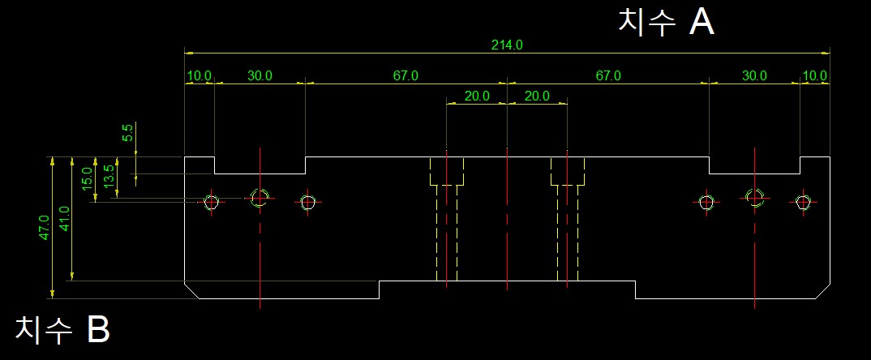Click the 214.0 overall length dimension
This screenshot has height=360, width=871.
click(507, 45)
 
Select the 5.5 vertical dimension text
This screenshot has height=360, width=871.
click(127, 133)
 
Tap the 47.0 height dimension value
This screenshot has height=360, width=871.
click(45, 226)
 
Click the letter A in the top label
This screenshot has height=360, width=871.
click(702, 23)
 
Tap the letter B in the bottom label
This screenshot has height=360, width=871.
click(98, 329)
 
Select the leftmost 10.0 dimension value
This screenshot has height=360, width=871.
click(199, 75)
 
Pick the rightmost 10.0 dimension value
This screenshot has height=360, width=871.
click(814, 75)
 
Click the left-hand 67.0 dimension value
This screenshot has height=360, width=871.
click(405, 75)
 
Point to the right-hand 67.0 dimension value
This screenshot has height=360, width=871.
click(608, 75)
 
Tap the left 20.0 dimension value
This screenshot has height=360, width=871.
click(477, 96)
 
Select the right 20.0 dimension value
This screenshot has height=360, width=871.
click(537, 96)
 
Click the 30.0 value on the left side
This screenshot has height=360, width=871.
click(260, 75)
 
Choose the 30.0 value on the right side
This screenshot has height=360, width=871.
click(754, 75)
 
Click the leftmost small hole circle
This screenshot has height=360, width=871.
click(212, 202)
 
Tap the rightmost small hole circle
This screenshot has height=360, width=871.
click(803, 202)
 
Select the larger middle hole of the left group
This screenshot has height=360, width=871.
click(260, 197)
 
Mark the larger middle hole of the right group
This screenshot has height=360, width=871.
click(755, 197)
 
